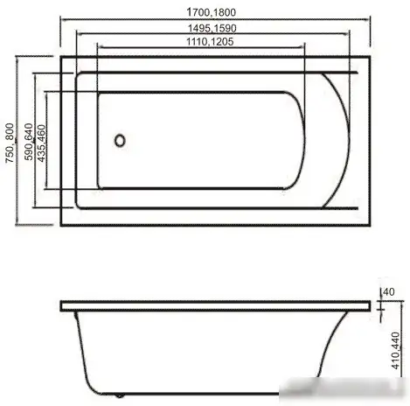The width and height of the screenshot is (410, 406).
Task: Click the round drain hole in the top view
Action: pyautogui.click(x=122, y=137)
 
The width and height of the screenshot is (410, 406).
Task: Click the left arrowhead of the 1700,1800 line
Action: pyautogui.click(x=64, y=19)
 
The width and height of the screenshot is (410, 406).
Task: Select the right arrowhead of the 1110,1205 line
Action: pyautogui.click(x=302, y=49)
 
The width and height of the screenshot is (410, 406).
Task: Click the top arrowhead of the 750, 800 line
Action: pyautogui.click(x=17, y=58)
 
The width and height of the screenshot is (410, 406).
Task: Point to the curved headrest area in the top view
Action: pyautogui.click(x=332, y=140)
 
